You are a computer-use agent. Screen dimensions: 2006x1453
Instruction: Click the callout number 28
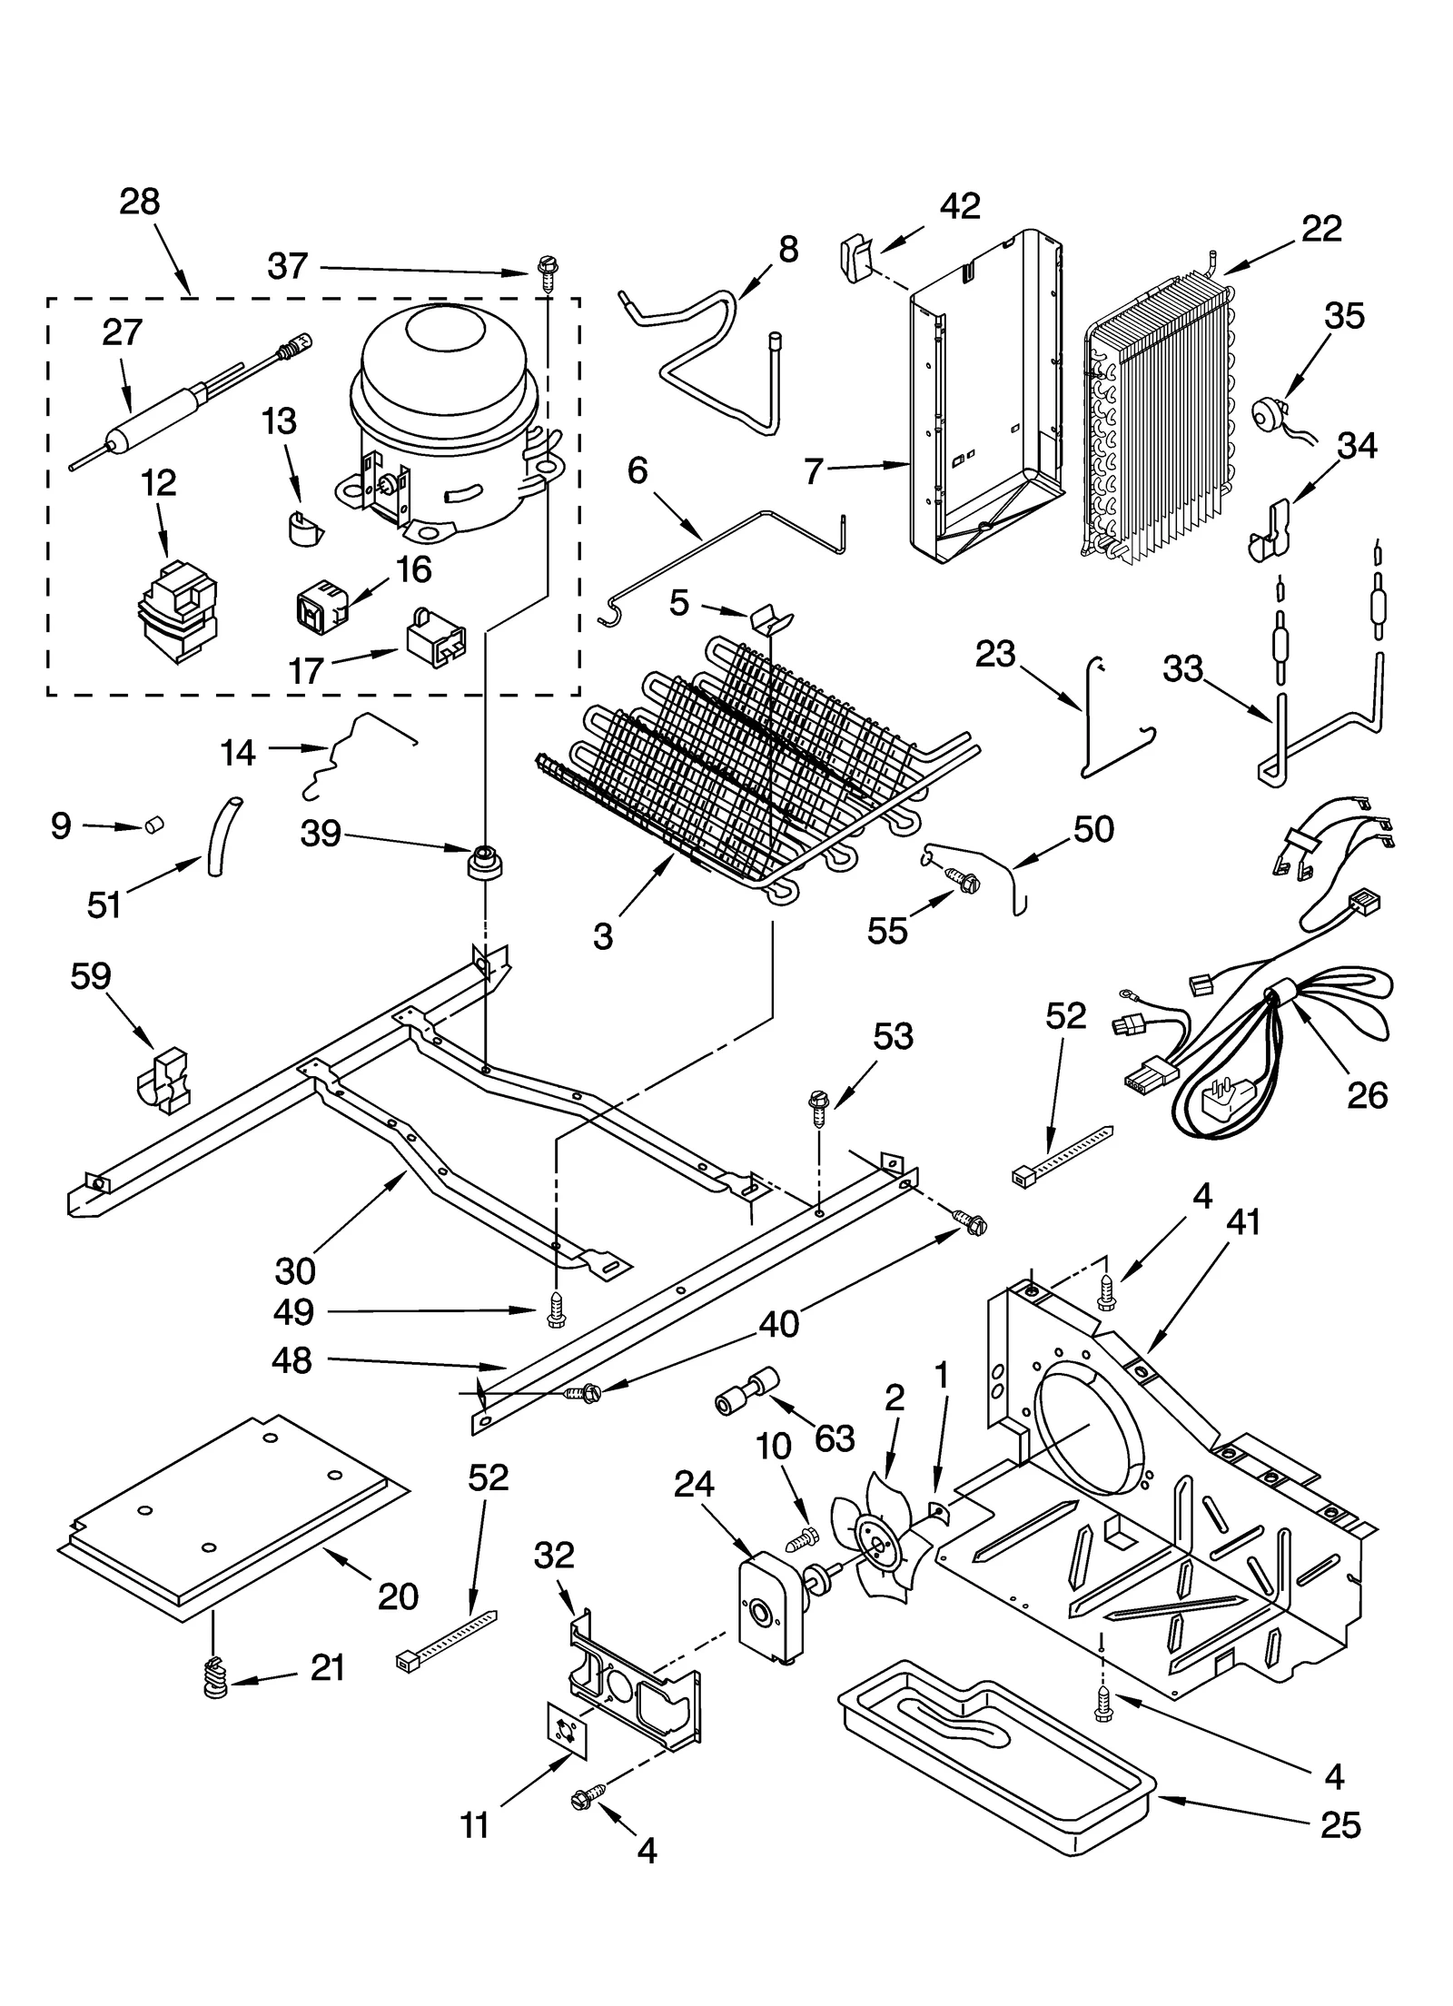point(139,202)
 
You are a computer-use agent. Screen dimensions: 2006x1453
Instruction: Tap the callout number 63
point(834,1438)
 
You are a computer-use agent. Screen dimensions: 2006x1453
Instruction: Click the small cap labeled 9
point(153,825)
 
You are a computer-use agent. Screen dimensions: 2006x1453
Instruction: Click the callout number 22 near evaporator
point(1320,228)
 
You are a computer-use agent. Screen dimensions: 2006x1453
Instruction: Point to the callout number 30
point(295,1270)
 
